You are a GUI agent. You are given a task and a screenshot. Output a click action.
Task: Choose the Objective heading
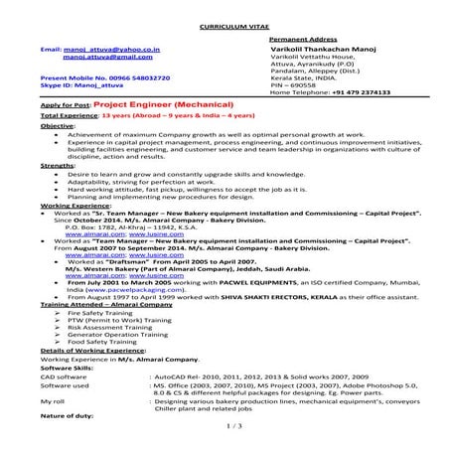tap(58, 127)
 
